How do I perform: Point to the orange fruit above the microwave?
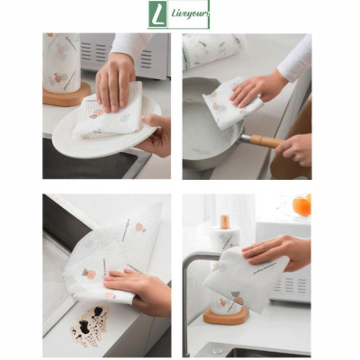tap(301, 206)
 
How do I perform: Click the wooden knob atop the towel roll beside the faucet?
tap(224, 221)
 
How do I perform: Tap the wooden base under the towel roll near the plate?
tap(65, 95)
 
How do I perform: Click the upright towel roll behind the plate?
tap(61, 59)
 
